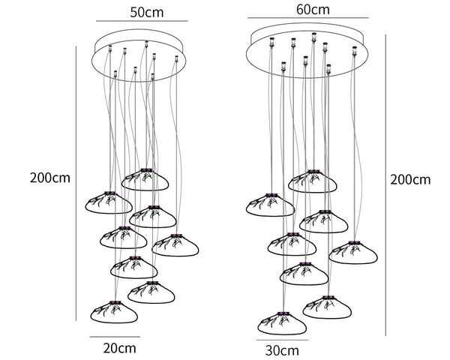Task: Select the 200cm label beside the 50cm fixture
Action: pos(50,178)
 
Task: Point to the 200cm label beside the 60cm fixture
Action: pos(410,180)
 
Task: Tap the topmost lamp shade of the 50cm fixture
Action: pos(145,179)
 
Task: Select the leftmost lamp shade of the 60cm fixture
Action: pos(270,205)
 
